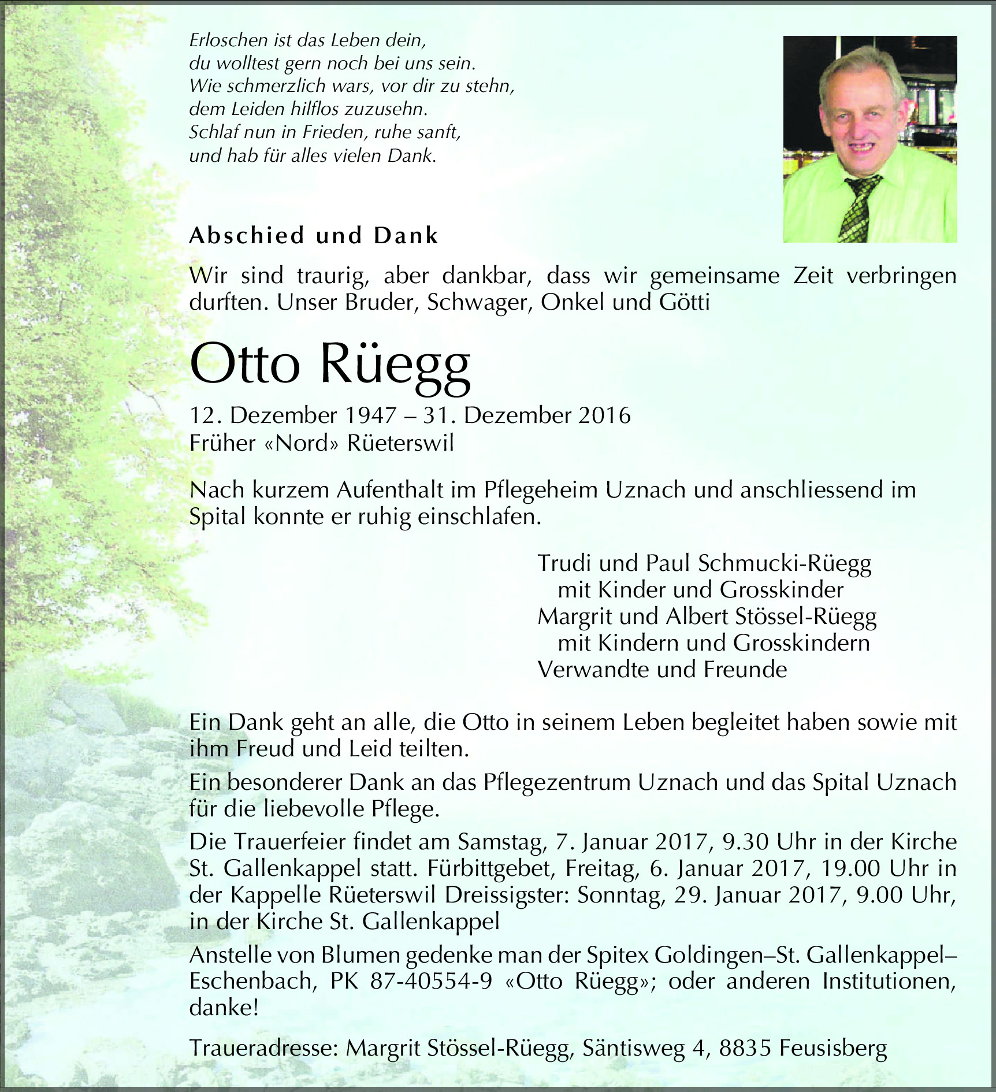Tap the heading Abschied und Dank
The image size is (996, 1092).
click(314, 236)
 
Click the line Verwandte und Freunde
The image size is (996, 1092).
click(662, 670)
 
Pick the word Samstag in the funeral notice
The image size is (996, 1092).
click(501, 842)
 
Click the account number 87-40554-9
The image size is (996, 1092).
click(431, 982)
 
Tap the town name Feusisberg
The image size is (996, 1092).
click(833, 1049)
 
